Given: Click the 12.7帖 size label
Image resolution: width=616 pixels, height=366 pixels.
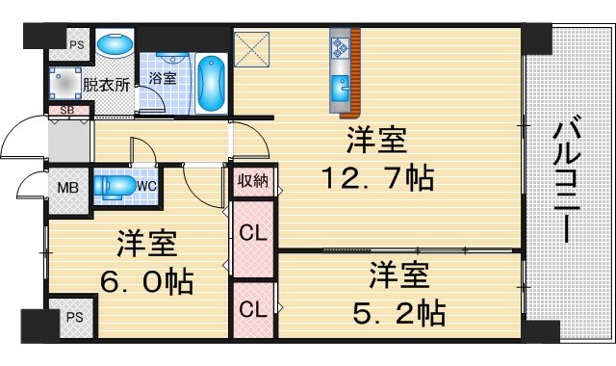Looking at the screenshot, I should (376, 178).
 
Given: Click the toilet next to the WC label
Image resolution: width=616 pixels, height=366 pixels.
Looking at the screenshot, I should (116, 185).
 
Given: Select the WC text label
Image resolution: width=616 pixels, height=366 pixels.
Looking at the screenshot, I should (147, 184).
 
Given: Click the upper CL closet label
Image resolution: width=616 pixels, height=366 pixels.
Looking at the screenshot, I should (254, 234).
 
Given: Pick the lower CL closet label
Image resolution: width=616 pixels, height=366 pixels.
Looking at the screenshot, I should (254, 310).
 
